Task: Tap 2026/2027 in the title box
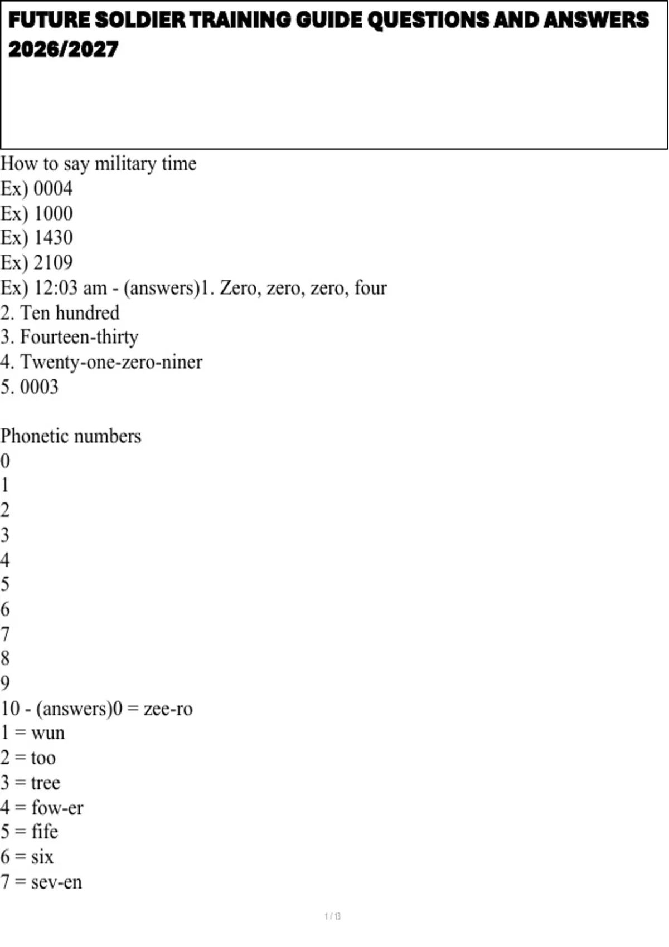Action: pos(63,50)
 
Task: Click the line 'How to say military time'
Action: pos(99,164)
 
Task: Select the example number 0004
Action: pos(53,189)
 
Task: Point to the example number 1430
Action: pos(53,238)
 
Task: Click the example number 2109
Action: pos(53,262)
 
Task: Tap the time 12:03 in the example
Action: pos(55,288)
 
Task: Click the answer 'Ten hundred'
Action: pos(70,313)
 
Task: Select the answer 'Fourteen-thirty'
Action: pos(79,337)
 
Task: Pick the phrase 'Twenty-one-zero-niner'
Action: pos(111,362)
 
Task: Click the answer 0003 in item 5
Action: pos(39,387)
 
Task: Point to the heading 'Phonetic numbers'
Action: pos(71,436)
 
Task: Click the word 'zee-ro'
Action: pos(168,709)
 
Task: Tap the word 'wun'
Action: pos(48,733)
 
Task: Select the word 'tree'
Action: pos(46,783)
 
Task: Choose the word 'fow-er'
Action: pos(57,808)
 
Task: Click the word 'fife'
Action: pos(45,832)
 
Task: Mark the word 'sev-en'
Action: pos(56,882)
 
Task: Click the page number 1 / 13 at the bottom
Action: pos(332,916)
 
